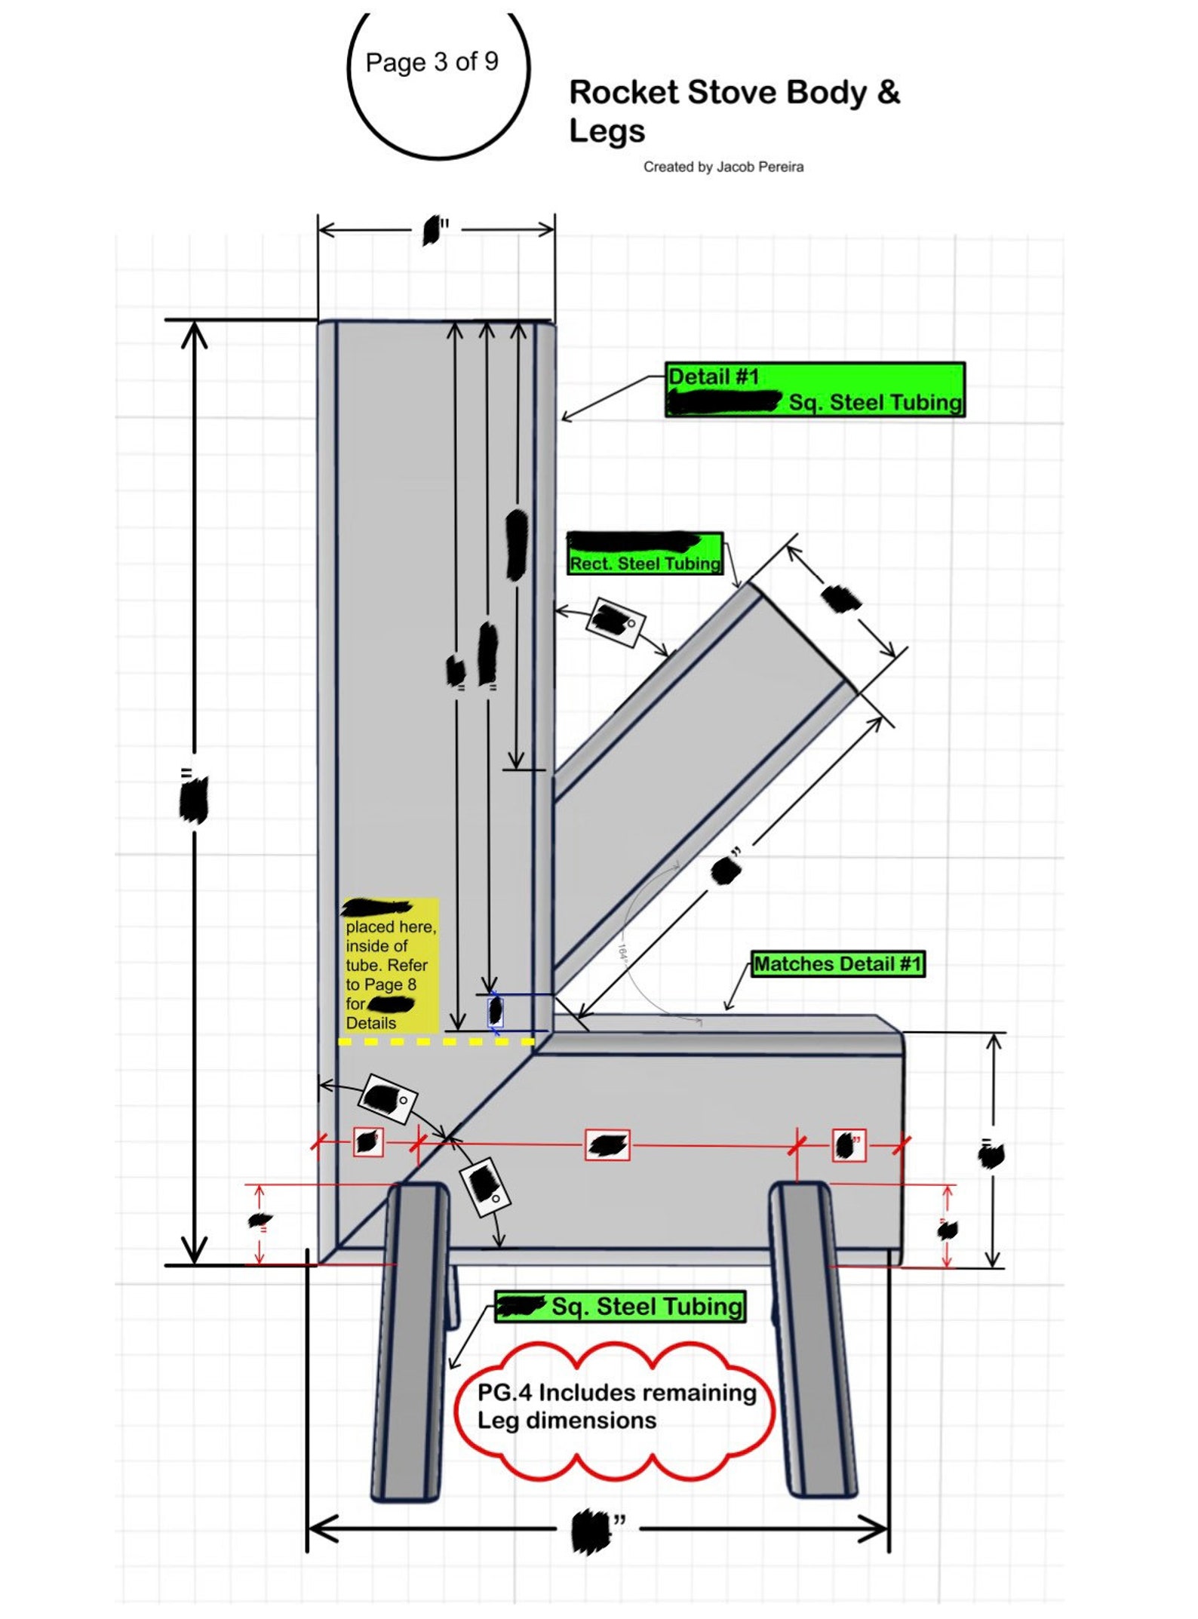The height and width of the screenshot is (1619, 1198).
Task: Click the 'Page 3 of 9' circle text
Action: click(x=432, y=62)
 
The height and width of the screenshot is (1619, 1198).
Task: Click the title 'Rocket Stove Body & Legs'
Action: click(x=733, y=110)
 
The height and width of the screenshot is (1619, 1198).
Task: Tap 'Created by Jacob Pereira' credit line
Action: click(x=723, y=167)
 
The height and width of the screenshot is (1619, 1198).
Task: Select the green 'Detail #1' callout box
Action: click(x=814, y=389)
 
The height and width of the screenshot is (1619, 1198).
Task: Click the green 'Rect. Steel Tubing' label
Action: click(x=645, y=554)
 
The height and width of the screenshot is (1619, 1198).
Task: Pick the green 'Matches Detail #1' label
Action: click(x=837, y=963)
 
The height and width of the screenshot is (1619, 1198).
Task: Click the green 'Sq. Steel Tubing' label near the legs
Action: click(x=620, y=1306)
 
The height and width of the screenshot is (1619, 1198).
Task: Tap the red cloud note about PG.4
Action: click(x=615, y=1407)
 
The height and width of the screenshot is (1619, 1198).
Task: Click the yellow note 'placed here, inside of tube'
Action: click(x=390, y=966)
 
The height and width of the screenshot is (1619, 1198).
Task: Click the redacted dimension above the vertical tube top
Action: click(x=432, y=230)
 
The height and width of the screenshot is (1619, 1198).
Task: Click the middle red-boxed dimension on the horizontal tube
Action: click(x=607, y=1145)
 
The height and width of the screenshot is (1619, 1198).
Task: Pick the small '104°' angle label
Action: click(x=622, y=952)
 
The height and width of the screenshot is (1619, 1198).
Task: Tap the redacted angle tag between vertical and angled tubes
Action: click(x=616, y=621)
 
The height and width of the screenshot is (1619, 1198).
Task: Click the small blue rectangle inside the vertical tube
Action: click(x=495, y=1011)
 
